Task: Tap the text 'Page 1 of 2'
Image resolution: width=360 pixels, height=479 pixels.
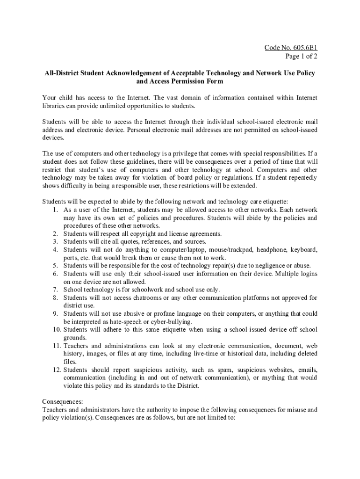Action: (302, 56)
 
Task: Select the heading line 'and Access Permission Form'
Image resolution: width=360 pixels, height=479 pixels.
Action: (180, 81)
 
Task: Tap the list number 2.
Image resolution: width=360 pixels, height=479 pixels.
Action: (55, 233)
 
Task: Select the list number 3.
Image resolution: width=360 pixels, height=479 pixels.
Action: (55, 241)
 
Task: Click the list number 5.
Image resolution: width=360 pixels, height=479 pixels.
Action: (55, 266)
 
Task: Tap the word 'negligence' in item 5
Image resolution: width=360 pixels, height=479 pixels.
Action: (268, 266)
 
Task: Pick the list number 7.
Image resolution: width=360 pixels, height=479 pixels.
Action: (55, 290)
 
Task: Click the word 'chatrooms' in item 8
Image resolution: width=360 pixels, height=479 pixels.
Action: (136, 298)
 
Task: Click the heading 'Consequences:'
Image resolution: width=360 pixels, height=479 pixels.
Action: (63, 401)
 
